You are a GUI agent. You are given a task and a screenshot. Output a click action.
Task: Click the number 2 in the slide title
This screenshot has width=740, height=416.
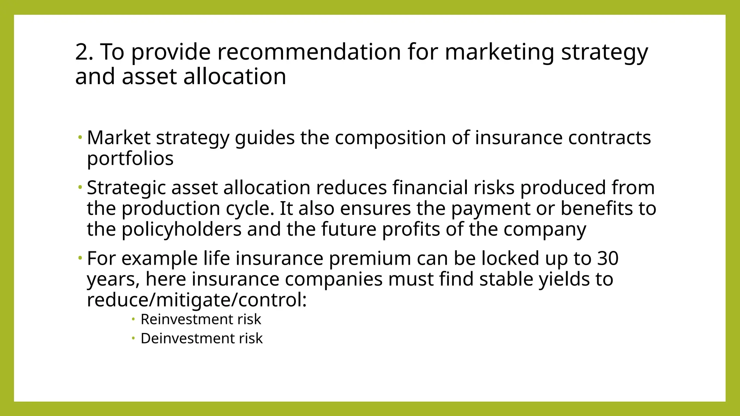[x=82, y=52]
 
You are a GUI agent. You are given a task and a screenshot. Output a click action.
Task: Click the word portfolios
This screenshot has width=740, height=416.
[x=130, y=159]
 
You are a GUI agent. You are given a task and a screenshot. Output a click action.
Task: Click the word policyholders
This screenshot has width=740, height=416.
[x=181, y=230]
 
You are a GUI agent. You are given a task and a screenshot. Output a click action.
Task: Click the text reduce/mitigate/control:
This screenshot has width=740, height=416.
[x=197, y=300]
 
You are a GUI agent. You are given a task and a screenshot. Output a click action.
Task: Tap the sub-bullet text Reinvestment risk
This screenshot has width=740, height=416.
[x=201, y=319]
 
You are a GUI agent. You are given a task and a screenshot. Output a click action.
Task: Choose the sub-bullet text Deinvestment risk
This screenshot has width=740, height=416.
[x=201, y=339]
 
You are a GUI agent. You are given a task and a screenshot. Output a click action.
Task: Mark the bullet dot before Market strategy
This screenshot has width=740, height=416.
[x=80, y=137]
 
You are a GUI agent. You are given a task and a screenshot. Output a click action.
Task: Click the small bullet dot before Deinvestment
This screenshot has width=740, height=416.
[x=133, y=338]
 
